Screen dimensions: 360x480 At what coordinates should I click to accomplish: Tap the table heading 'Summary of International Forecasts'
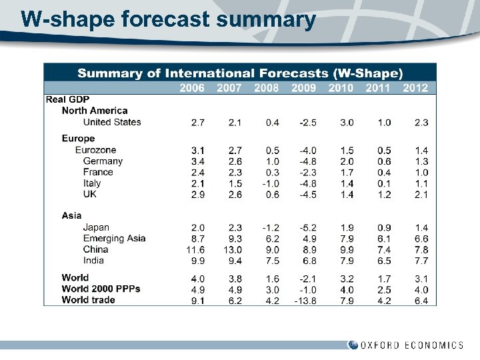(240, 73)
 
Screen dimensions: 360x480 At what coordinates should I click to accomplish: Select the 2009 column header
(303, 87)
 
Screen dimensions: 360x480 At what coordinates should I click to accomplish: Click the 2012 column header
(415, 87)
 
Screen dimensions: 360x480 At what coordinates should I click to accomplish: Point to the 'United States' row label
(112, 122)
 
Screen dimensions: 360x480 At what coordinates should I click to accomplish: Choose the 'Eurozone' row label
(95, 150)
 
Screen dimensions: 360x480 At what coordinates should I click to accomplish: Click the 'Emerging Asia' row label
(114, 239)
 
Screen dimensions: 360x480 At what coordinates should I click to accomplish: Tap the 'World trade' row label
(88, 300)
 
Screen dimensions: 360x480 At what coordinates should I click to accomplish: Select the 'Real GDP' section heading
(67, 99)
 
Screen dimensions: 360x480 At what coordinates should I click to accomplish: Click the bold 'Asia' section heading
(72, 215)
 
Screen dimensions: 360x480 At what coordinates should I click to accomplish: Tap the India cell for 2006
(197, 260)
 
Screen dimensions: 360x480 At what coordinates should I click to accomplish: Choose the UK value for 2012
(421, 195)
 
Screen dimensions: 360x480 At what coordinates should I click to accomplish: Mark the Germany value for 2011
(384, 161)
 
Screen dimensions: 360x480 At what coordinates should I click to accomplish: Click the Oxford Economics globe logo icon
(353, 345)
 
